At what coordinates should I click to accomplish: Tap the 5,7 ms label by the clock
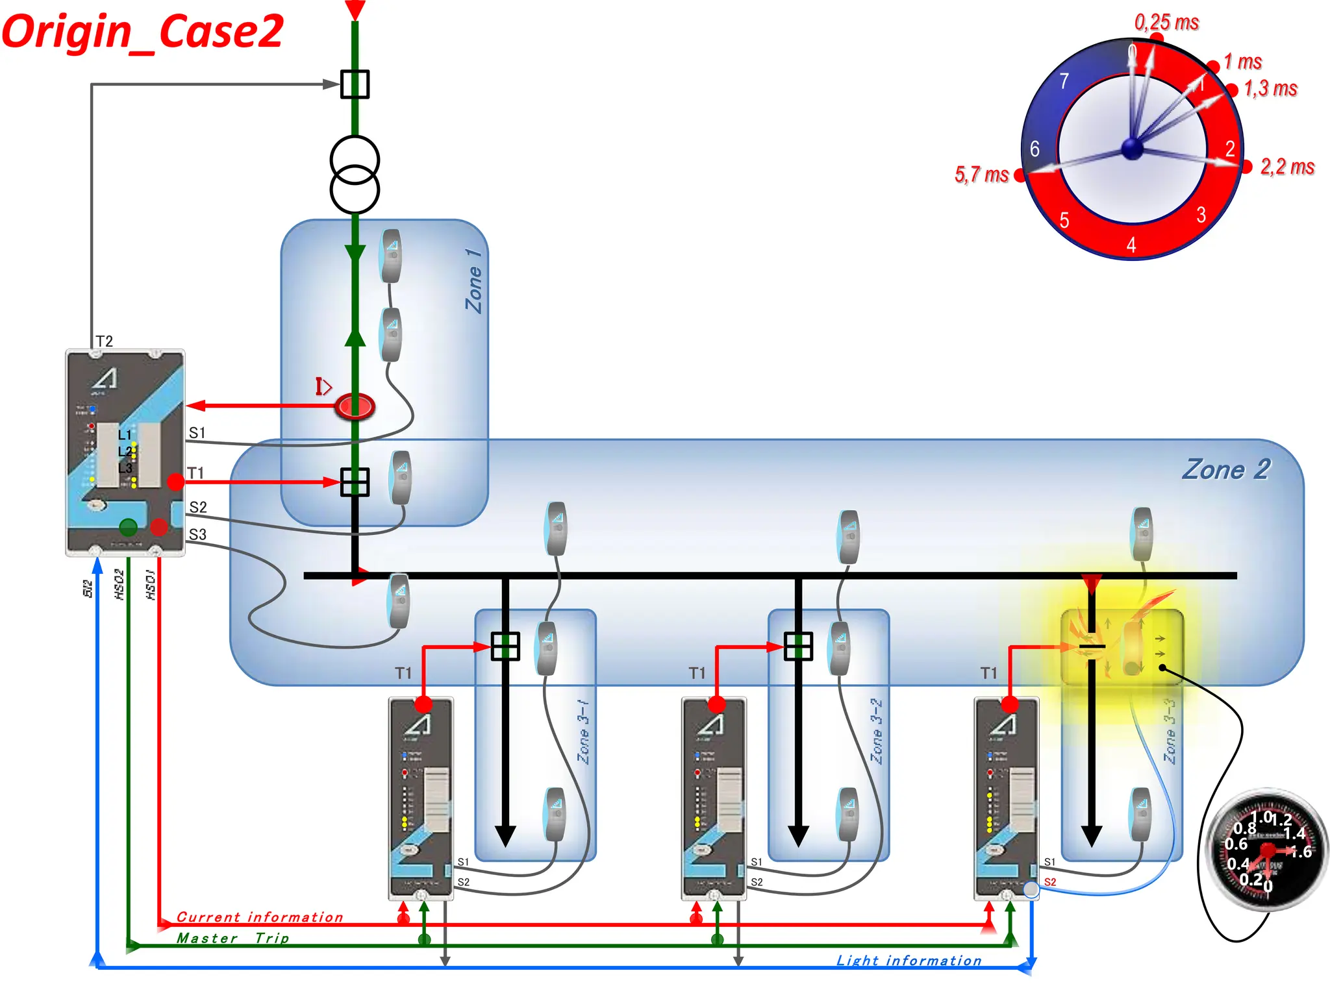pos(981,175)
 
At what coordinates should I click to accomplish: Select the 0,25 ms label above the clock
pos(1166,23)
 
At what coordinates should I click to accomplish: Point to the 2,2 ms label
pos(1287,167)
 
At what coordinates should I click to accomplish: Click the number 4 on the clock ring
pos(1131,245)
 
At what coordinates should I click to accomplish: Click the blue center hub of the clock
pos(1133,149)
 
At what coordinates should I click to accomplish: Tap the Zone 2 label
pos(1225,469)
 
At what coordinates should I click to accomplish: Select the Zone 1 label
pos(475,280)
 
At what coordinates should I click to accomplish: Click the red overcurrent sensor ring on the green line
pos(355,406)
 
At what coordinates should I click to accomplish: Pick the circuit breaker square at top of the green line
pos(355,84)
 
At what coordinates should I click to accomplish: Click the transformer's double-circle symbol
pos(355,174)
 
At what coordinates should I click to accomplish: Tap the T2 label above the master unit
pos(105,341)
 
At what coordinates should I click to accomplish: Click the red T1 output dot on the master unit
pos(175,482)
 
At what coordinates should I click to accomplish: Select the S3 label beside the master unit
pos(197,534)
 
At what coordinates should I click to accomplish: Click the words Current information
pos(260,917)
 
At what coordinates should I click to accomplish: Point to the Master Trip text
pos(233,938)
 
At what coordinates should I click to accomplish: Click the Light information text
pos(909,961)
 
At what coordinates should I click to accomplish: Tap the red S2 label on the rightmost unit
pos(1050,882)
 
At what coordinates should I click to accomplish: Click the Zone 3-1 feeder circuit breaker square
pos(505,646)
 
